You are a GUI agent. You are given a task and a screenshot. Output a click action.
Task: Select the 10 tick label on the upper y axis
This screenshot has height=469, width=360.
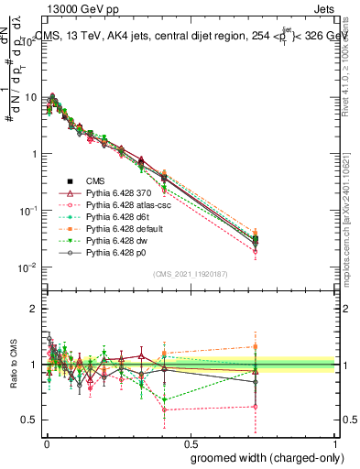31,97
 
